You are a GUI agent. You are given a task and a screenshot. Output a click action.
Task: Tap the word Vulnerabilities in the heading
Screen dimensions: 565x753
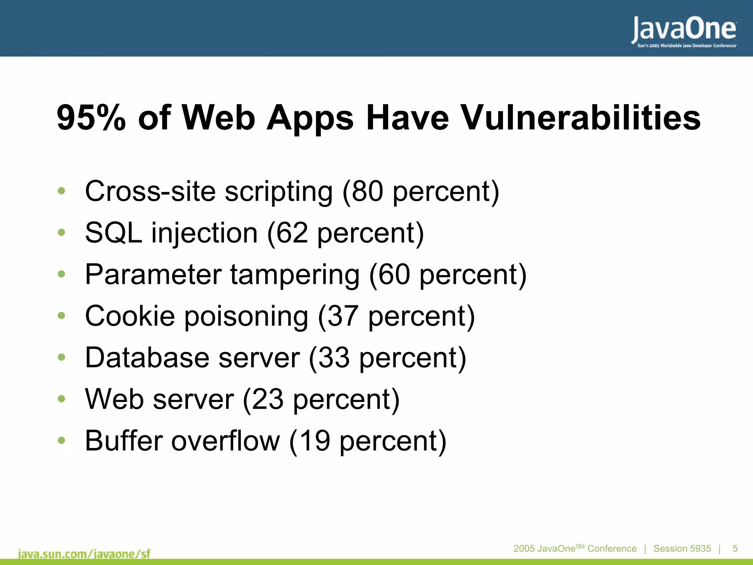tap(581, 118)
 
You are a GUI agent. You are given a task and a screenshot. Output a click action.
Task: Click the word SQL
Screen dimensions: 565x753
tap(113, 233)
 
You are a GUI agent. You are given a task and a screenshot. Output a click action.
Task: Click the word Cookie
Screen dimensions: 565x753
tap(130, 316)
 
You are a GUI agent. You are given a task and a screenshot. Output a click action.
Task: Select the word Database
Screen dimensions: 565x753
tap(147, 358)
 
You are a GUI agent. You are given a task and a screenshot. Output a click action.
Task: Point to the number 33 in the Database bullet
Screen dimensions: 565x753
tap(334, 358)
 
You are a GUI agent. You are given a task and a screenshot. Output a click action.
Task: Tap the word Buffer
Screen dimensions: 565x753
tap(124, 441)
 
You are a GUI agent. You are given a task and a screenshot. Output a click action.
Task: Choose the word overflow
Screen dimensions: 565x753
tap(225, 441)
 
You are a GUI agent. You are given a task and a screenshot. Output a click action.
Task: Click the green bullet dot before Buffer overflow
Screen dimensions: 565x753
tap(61, 440)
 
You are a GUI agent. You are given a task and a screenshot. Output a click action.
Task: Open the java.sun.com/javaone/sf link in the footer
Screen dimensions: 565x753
tap(84, 554)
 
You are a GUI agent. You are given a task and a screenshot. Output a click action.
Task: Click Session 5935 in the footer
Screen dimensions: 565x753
tap(682, 548)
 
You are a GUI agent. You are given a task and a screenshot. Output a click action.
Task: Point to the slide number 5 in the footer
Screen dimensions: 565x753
tap(735, 548)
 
